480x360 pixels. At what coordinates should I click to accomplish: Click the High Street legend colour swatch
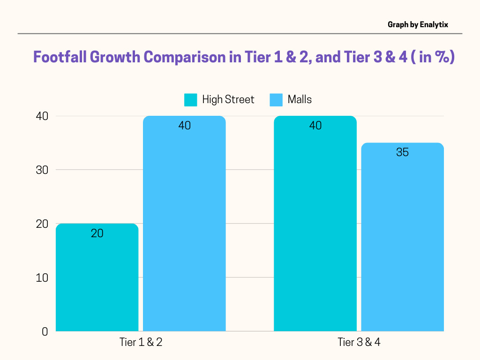click(191, 100)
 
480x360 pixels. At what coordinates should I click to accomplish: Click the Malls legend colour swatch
click(277, 100)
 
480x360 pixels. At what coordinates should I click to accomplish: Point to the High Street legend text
click(228, 99)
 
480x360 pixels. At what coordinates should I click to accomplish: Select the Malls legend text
click(300, 99)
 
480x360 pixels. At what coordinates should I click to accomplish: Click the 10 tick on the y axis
click(43, 277)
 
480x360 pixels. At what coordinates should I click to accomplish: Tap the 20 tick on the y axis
click(43, 224)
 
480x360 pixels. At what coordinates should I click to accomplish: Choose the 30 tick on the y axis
click(43, 170)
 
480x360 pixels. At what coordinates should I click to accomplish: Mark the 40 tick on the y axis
click(43, 116)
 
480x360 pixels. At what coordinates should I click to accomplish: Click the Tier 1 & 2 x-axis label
click(141, 343)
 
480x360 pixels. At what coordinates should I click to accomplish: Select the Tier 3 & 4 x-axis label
click(359, 343)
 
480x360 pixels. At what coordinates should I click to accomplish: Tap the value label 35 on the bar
click(402, 152)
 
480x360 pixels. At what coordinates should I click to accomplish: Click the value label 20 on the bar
click(97, 233)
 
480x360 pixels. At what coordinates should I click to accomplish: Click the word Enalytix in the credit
click(434, 24)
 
